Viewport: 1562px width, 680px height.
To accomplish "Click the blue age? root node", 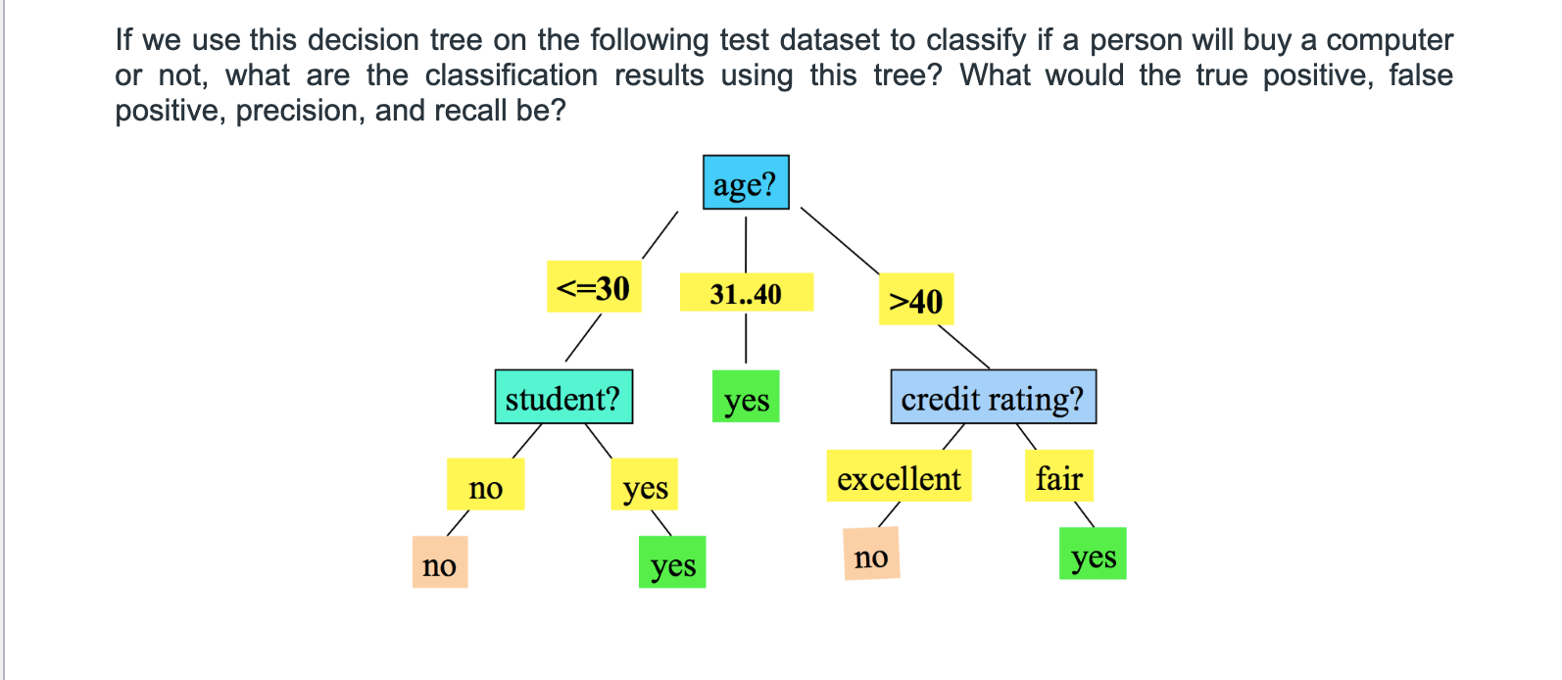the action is tap(746, 182).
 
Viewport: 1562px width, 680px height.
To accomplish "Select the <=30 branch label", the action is tap(594, 287).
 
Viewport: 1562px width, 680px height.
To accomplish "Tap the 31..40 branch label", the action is tap(746, 292).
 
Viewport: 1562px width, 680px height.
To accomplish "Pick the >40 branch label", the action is tap(915, 299).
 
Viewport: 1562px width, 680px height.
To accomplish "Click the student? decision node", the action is tap(563, 397).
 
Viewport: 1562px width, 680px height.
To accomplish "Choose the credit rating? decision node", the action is tap(993, 397).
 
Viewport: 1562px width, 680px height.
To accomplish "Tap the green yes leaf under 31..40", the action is tap(746, 396).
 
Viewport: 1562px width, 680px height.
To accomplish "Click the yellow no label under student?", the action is tap(485, 484).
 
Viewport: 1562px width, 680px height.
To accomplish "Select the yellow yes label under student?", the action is tap(645, 484).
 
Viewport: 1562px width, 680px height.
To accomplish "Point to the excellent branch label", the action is tap(899, 475).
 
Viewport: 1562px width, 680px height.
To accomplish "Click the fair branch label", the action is tap(1058, 475).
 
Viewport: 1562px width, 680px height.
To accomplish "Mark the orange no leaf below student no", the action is tap(440, 562).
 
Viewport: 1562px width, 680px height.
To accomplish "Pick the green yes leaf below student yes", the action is tap(672, 562).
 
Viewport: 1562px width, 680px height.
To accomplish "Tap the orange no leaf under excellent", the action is tap(871, 554).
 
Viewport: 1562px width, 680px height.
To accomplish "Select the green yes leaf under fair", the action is tap(1093, 554).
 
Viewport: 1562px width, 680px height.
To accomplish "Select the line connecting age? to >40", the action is tap(840, 241).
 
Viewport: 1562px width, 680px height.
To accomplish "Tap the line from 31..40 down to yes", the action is tap(746, 338).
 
